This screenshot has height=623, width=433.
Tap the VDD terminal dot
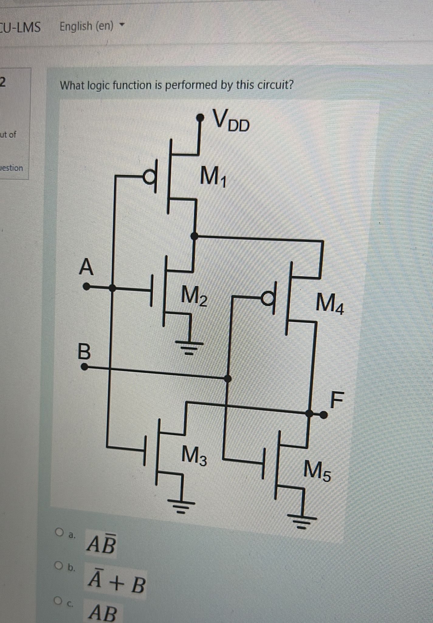(200, 117)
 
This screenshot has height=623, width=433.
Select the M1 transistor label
(214, 178)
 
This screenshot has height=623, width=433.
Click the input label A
(86, 267)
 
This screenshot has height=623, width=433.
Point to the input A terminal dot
(87, 287)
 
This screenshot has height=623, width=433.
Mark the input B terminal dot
(85, 367)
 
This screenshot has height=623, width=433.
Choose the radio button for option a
(59, 532)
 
